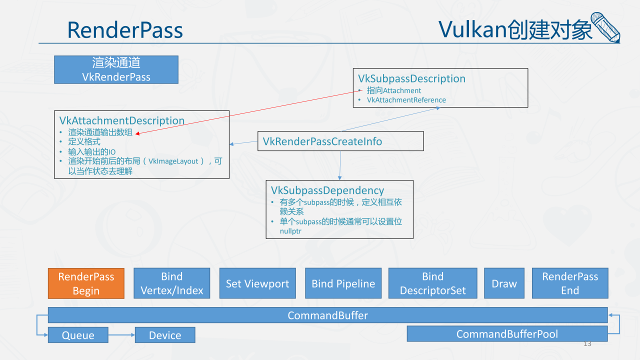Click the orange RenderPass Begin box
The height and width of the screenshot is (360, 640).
pos(86,283)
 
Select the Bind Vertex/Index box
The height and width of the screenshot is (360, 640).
pos(171,283)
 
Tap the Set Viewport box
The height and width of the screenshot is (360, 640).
pos(257,283)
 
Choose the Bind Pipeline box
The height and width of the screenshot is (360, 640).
pos(343,283)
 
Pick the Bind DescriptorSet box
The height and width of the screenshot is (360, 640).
pos(433,283)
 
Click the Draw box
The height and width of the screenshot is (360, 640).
pos(504,283)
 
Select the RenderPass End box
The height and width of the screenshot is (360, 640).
pos(570,283)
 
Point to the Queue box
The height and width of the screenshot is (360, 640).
pos(78,335)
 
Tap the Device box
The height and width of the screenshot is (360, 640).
pos(165,335)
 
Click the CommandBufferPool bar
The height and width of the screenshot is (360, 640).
pos(507,333)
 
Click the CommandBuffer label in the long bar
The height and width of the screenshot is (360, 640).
pos(327,315)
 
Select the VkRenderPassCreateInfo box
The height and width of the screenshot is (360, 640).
pos(340,141)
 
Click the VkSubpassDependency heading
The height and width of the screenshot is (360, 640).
pos(327,190)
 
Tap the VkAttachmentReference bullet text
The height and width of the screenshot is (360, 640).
pos(406,100)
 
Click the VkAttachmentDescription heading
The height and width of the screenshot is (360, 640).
pos(122,120)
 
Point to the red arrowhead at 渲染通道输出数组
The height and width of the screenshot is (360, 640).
pos(137,133)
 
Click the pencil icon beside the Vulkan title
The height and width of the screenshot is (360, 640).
pos(605,27)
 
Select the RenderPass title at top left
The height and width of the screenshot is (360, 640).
pos(125,30)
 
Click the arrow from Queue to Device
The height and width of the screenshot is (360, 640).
pos(121,335)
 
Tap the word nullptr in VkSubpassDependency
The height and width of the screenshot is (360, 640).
pos(290,231)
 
